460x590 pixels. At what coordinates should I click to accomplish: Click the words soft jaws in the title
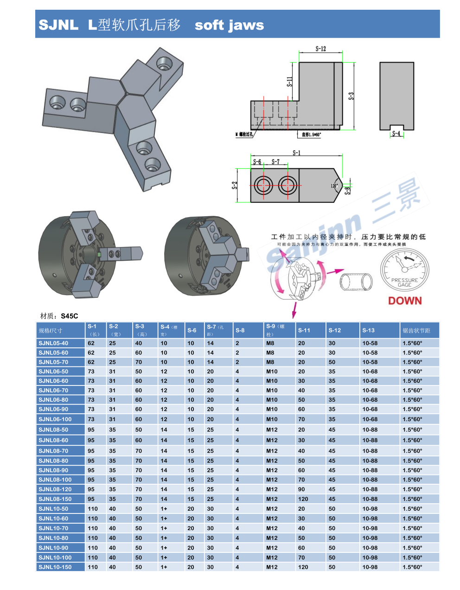pyautogui.click(x=229, y=25)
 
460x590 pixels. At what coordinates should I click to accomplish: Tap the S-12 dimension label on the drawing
pyautogui.click(x=320, y=49)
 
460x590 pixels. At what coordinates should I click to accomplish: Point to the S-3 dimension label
pyautogui.click(x=351, y=96)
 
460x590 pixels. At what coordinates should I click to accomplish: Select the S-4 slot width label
pyautogui.click(x=396, y=134)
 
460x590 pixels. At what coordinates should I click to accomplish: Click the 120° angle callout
pyautogui.click(x=334, y=186)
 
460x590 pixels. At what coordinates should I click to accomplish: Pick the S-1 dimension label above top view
pyautogui.click(x=296, y=153)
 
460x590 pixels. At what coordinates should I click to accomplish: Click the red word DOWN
pyautogui.click(x=405, y=301)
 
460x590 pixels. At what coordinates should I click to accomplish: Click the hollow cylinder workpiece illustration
pyautogui.click(x=356, y=282)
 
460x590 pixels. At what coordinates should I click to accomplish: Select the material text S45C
pyautogui.click(x=70, y=316)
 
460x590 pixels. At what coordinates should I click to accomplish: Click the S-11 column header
pyautogui.click(x=304, y=330)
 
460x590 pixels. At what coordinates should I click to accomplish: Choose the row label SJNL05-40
pyautogui.click(x=53, y=343)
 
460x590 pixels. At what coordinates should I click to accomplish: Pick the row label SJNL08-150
pyautogui.click(x=55, y=499)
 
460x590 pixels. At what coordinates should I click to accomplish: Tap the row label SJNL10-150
pyautogui.click(x=55, y=567)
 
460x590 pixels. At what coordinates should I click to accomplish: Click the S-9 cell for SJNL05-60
pyautogui.click(x=270, y=353)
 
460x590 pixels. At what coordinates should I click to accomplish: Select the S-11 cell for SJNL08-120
pyautogui.click(x=301, y=489)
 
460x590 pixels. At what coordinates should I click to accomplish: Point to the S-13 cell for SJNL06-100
pyautogui.click(x=370, y=419)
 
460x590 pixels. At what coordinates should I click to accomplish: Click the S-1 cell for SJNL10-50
pyautogui.click(x=93, y=509)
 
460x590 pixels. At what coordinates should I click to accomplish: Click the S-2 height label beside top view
pyautogui.click(x=235, y=185)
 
